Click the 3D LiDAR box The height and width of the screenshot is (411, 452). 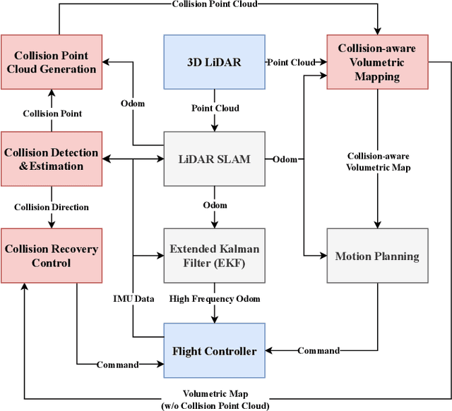pos(214,62)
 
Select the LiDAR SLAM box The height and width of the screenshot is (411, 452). pos(214,159)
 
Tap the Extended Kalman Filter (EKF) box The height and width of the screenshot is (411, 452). pos(214,255)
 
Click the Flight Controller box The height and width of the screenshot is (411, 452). pos(214,350)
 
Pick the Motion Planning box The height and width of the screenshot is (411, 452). pos(377,255)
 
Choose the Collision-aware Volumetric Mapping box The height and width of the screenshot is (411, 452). pos(377,62)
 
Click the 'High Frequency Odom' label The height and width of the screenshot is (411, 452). pos(214,298)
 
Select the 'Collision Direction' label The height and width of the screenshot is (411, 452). pos(52,207)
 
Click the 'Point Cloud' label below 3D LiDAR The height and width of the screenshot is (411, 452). pos(214,109)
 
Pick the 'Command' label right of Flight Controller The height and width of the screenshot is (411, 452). pos(318,350)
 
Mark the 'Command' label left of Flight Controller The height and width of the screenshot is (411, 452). pos(118,364)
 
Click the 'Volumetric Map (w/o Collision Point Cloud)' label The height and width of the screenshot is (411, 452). pos(215,400)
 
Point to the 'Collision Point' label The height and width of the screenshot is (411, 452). pos(52,113)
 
